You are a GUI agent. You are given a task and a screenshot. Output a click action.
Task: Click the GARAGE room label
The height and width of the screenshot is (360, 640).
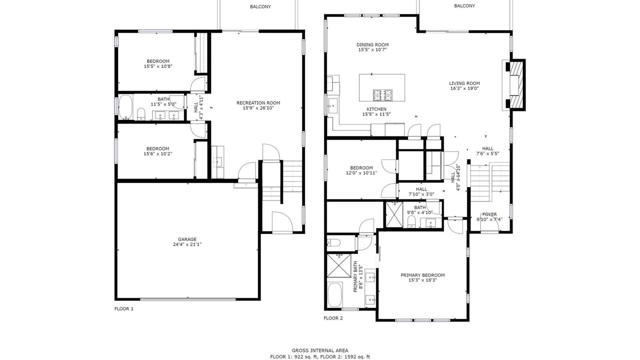click(187, 239)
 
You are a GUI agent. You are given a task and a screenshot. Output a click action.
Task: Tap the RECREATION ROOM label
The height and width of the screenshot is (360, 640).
click(258, 103)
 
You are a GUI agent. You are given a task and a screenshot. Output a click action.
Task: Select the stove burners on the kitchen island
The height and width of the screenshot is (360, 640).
click(382, 95)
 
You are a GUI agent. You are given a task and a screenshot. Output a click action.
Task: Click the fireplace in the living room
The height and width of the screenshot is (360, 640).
click(514, 85)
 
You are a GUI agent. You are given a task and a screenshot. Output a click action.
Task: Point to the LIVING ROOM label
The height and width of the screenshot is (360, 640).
click(464, 83)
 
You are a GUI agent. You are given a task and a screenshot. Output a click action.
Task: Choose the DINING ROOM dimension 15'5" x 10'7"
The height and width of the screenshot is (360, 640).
click(372, 49)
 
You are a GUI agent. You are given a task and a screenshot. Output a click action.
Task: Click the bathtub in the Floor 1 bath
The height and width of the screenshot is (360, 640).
click(125, 107)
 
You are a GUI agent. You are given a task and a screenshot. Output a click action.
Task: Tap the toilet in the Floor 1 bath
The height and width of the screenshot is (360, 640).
click(141, 114)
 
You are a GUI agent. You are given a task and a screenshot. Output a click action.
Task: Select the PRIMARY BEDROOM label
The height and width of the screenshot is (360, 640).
click(422, 275)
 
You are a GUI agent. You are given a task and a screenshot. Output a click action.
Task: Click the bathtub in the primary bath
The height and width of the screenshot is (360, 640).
click(335, 294)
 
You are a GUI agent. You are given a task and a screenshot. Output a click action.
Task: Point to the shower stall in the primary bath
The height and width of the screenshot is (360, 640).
click(339, 265)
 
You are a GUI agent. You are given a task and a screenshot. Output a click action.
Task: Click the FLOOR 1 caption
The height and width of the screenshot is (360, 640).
click(124, 308)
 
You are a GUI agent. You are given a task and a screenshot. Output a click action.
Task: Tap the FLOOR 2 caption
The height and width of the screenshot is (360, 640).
click(333, 318)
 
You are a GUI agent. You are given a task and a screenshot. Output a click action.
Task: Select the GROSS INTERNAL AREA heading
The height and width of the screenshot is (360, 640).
click(320, 350)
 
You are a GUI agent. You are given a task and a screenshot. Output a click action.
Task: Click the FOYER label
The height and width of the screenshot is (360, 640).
click(489, 214)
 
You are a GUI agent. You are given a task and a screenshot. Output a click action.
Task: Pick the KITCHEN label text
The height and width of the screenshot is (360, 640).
click(376, 109)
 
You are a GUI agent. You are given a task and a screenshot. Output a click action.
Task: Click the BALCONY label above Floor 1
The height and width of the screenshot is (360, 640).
click(260, 6)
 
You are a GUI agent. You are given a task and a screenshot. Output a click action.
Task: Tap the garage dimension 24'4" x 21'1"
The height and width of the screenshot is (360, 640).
click(187, 244)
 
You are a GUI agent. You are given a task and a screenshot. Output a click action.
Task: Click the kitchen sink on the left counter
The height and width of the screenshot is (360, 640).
click(332, 105)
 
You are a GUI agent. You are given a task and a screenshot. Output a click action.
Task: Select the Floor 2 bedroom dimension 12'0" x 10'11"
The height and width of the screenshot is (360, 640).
click(361, 173)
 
